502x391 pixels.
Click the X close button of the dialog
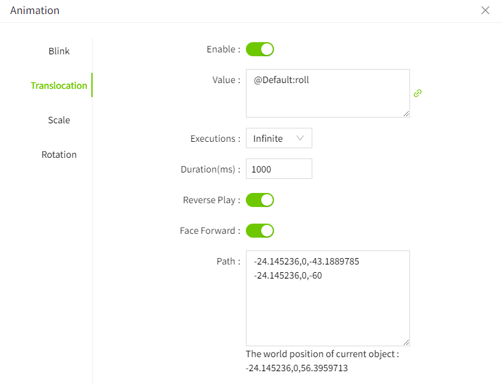pos(485,10)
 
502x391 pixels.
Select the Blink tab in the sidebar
pos(59,51)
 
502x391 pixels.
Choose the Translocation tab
pos(59,86)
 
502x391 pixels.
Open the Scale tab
pos(59,120)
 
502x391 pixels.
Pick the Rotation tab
pos(59,155)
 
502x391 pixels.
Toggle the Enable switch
pos(260,49)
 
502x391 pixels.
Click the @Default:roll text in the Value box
pos(281,80)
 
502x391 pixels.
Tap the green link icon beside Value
pos(418,93)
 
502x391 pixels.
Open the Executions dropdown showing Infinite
pos(279,138)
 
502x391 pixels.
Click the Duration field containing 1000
pos(279,169)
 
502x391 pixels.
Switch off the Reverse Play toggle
pos(260,200)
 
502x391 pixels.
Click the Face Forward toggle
pos(260,231)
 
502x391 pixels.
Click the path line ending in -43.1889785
pos(307,261)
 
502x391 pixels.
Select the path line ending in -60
pos(288,275)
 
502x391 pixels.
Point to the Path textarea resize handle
pos(406,342)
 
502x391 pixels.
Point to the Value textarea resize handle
pos(406,114)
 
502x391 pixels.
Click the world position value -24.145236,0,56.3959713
pos(297,368)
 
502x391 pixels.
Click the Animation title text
pos(34,10)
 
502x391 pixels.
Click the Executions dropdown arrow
pos(300,138)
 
